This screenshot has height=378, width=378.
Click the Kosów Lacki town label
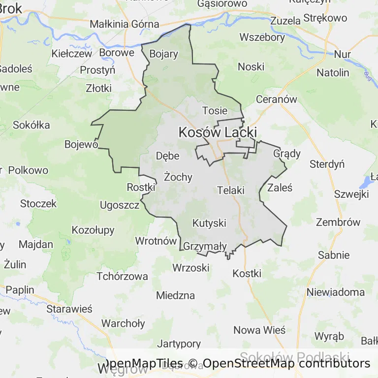pyautogui.click(x=218, y=132)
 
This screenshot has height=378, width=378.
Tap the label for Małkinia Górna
pyautogui.click(x=125, y=24)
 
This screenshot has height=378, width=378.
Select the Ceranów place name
pyautogui.click(x=277, y=99)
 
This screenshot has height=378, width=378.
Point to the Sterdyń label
pyautogui.click(x=327, y=164)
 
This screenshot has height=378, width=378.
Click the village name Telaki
pyautogui.click(x=231, y=189)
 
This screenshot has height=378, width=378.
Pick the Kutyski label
pyautogui.click(x=209, y=223)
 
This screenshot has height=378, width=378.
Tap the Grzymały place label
pyautogui.click(x=205, y=246)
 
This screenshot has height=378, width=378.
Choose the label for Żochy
pyautogui.click(x=178, y=177)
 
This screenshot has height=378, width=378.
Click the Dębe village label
pyautogui.click(x=167, y=156)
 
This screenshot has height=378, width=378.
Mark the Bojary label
pyautogui.click(x=163, y=54)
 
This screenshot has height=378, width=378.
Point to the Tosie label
pyautogui.click(x=215, y=111)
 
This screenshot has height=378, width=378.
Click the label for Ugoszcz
pyautogui.click(x=120, y=205)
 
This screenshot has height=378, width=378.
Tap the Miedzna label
pyautogui.click(x=175, y=295)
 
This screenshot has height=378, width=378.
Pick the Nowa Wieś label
pyautogui.click(x=259, y=330)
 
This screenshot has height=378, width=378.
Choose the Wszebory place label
pyautogui.click(x=262, y=37)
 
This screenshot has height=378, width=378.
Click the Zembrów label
pyautogui.click(x=338, y=222)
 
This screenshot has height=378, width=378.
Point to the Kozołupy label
pyautogui.click(x=93, y=230)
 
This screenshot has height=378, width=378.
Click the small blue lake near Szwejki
pyautogui.click(x=366, y=183)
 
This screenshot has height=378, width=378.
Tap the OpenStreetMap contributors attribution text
pyautogui.click(x=286, y=364)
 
